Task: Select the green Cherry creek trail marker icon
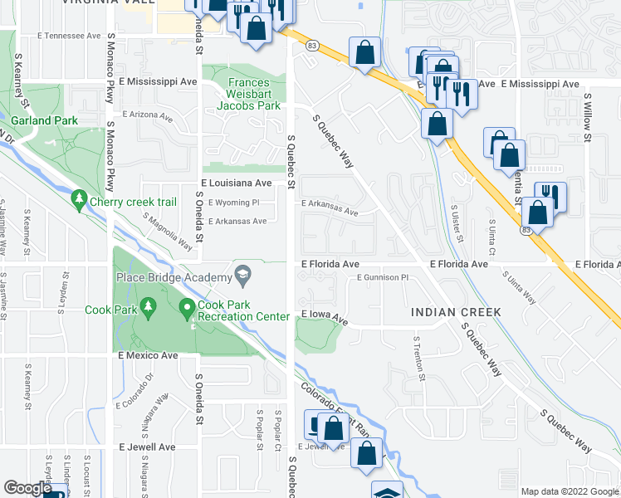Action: [x=80, y=199]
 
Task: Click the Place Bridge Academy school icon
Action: [x=243, y=275]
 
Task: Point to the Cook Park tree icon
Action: [x=149, y=309]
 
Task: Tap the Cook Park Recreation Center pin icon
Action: [x=188, y=309]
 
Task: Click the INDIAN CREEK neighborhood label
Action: [x=456, y=312]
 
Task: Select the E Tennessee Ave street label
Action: [x=71, y=37]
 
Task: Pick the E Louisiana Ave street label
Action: [x=237, y=183]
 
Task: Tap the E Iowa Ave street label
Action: [x=324, y=316]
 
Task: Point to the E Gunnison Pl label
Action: [x=383, y=277]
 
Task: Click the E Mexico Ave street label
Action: [x=148, y=355]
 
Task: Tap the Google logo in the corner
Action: [x=27, y=488]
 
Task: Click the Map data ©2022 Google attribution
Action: [x=569, y=491]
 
